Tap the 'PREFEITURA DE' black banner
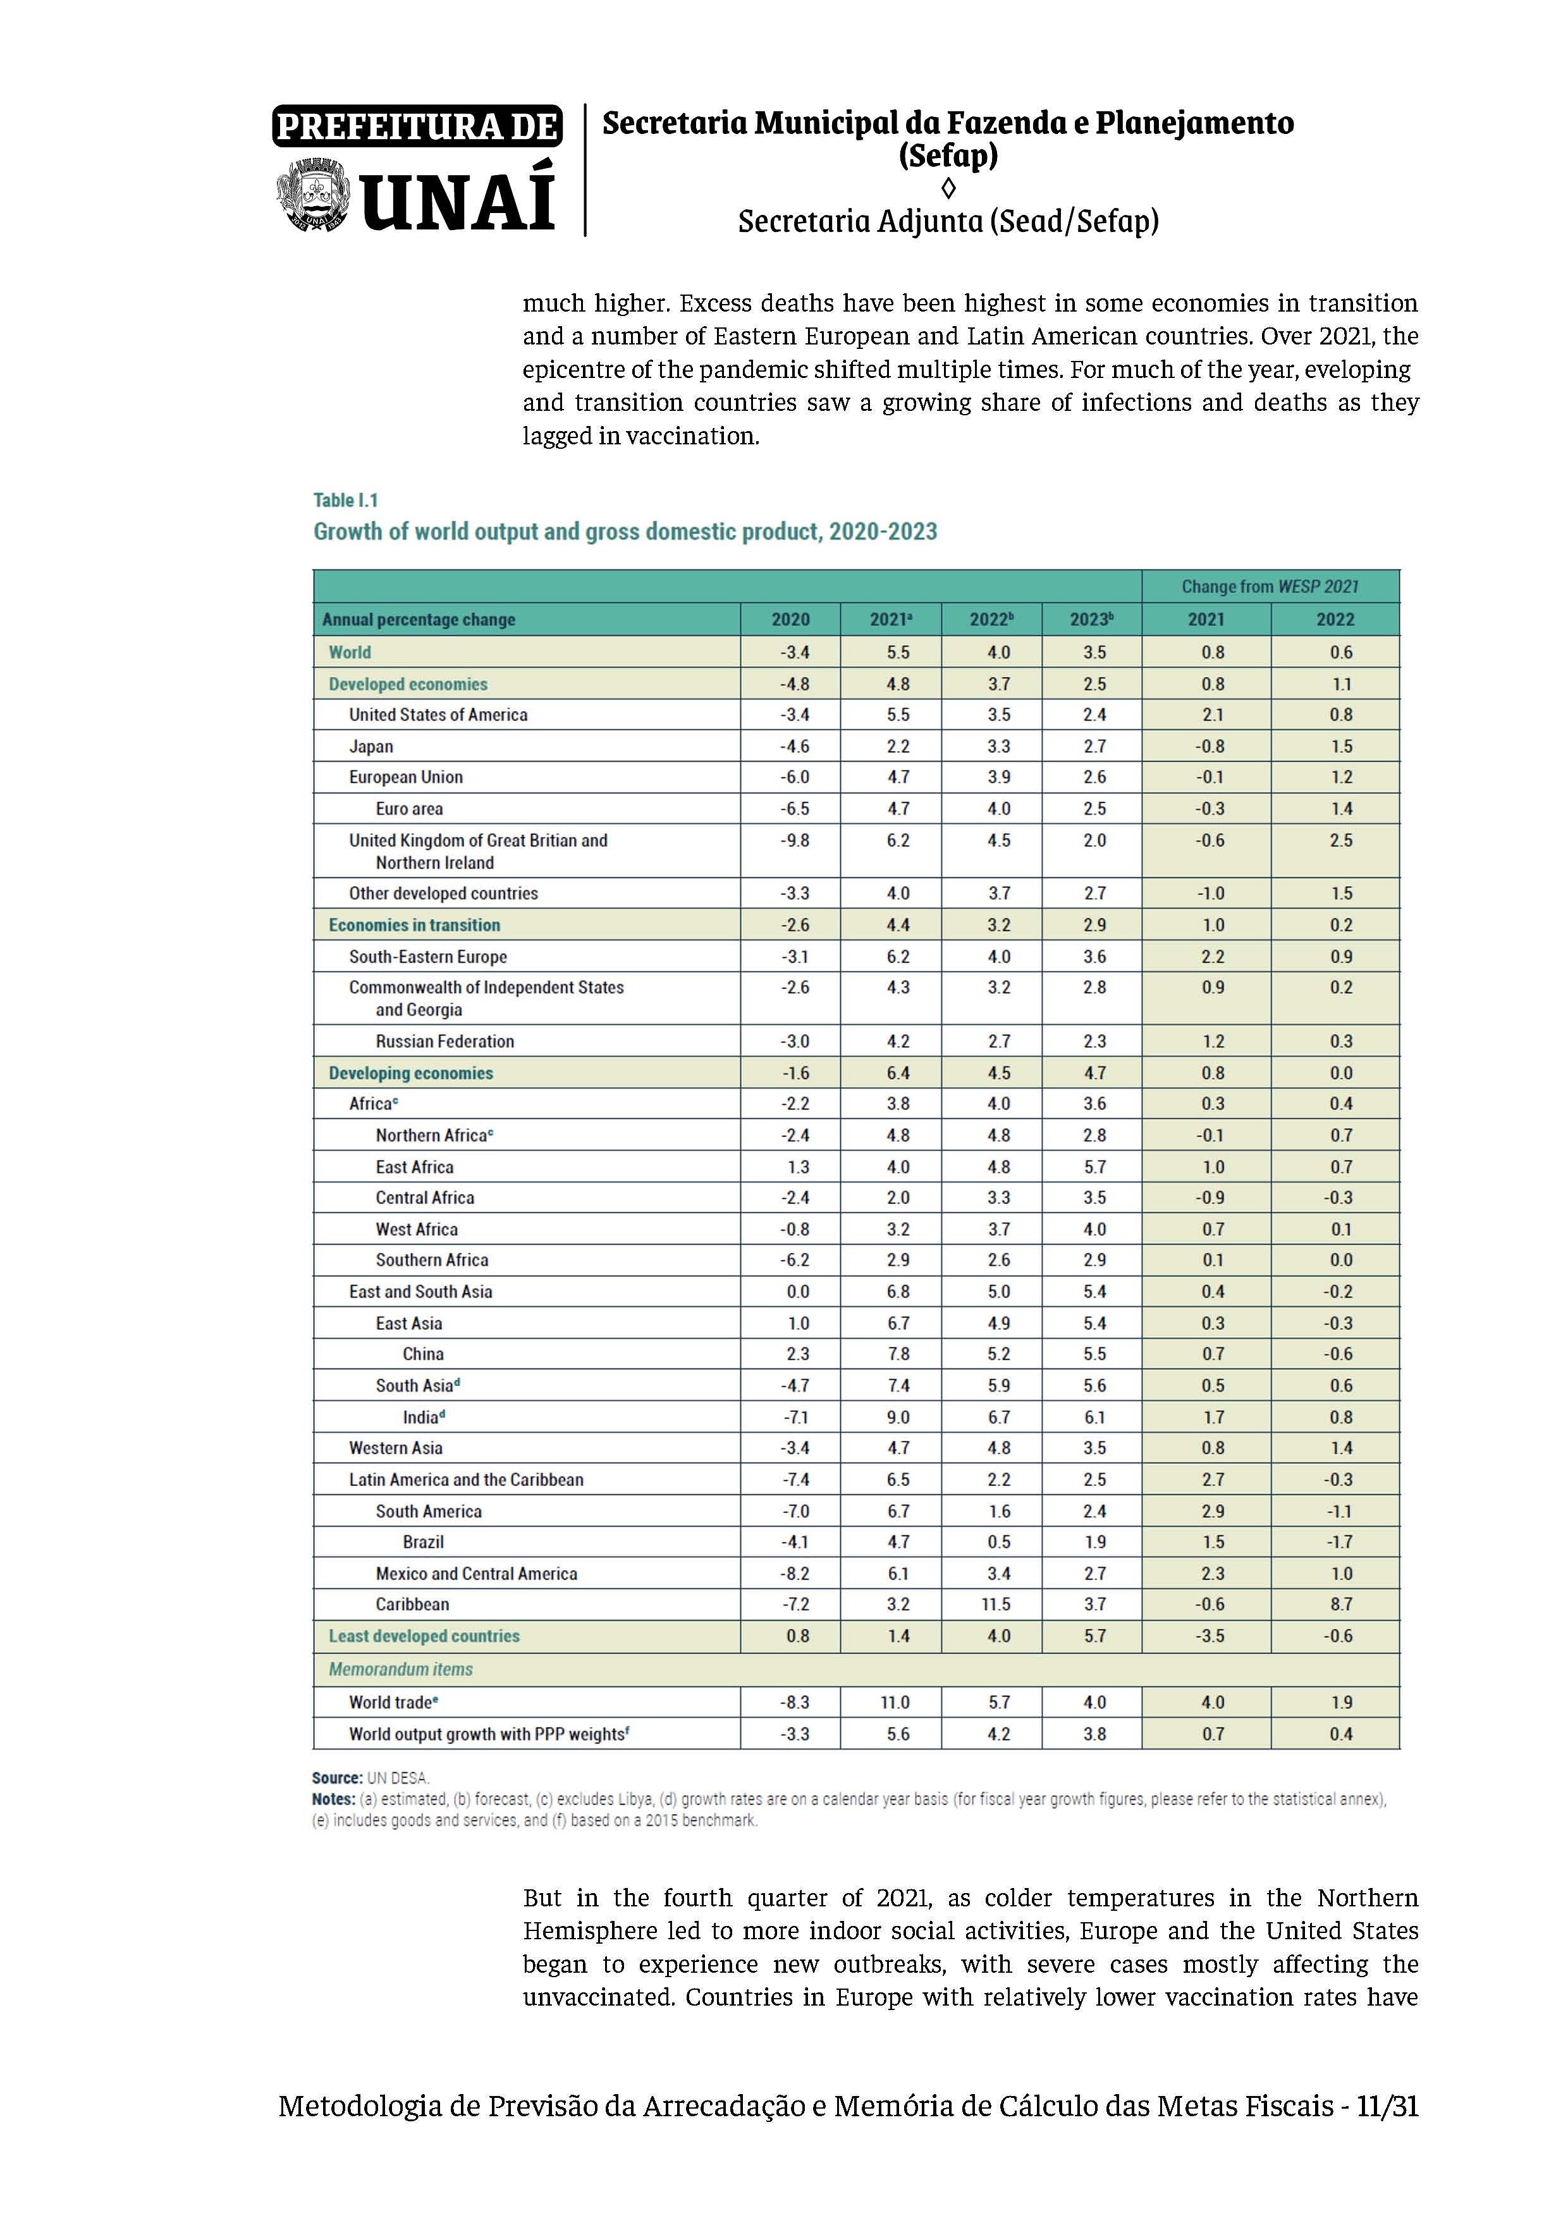pyautogui.click(x=417, y=126)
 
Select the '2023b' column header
pyautogui.click(x=1091, y=619)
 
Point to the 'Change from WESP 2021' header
pyautogui.click(x=1270, y=587)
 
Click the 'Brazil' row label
pyautogui.click(x=423, y=1542)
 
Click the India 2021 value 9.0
pyautogui.click(x=898, y=1417)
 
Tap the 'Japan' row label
pyautogui.click(x=371, y=746)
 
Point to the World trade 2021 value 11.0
pyautogui.click(x=895, y=1702)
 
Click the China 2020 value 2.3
pyautogui.click(x=797, y=1353)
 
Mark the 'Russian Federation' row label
pyautogui.click(x=444, y=1042)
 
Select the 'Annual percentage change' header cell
pyautogui.click(x=419, y=619)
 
